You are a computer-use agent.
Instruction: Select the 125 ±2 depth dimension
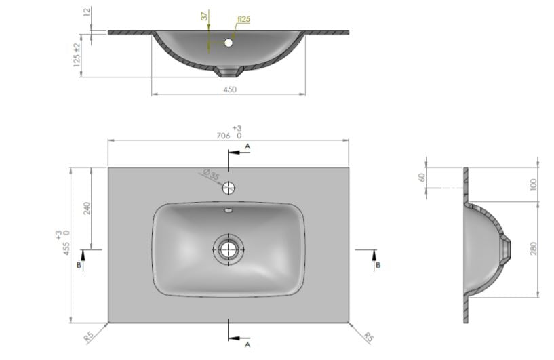(x=77, y=54)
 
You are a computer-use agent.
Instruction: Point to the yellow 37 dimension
(x=203, y=17)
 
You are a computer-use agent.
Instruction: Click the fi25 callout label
(x=243, y=20)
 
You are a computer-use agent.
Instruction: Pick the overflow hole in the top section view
(x=228, y=43)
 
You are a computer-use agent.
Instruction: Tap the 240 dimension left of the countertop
(x=87, y=208)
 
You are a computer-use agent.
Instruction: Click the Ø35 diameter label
(x=212, y=176)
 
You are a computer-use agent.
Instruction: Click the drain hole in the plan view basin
(x=228, y=249)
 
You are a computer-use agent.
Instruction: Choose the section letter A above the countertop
(x=248, y=146)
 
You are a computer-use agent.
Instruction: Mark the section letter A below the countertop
(x=248, y=345)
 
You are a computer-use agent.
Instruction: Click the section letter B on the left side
(x=79, y=266)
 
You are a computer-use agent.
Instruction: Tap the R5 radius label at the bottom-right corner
(x=369, y=336)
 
